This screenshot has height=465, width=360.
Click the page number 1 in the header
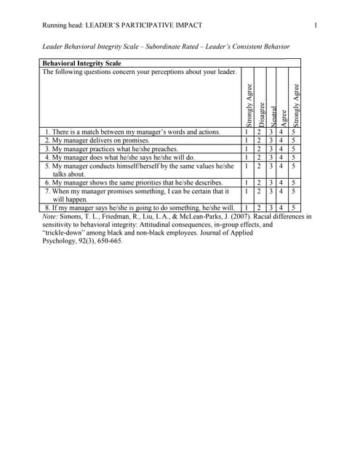[316, 26]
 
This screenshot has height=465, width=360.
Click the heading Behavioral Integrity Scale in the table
[82, 63]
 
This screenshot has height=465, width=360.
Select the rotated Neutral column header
[271, 113]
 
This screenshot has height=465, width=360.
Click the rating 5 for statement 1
[293, 132]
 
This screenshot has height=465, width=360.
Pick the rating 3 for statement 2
[270, 140]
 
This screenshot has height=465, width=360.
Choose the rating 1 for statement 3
[247, 148]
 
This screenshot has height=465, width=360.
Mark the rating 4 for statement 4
[281, 157]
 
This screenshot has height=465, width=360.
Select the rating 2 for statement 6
[259, 182]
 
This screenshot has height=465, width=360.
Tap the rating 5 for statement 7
[293, 191]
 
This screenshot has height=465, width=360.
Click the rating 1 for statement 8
[247, 208]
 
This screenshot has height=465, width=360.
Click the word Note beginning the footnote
[49, 217]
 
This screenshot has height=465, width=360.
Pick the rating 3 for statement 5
[270, 166]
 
